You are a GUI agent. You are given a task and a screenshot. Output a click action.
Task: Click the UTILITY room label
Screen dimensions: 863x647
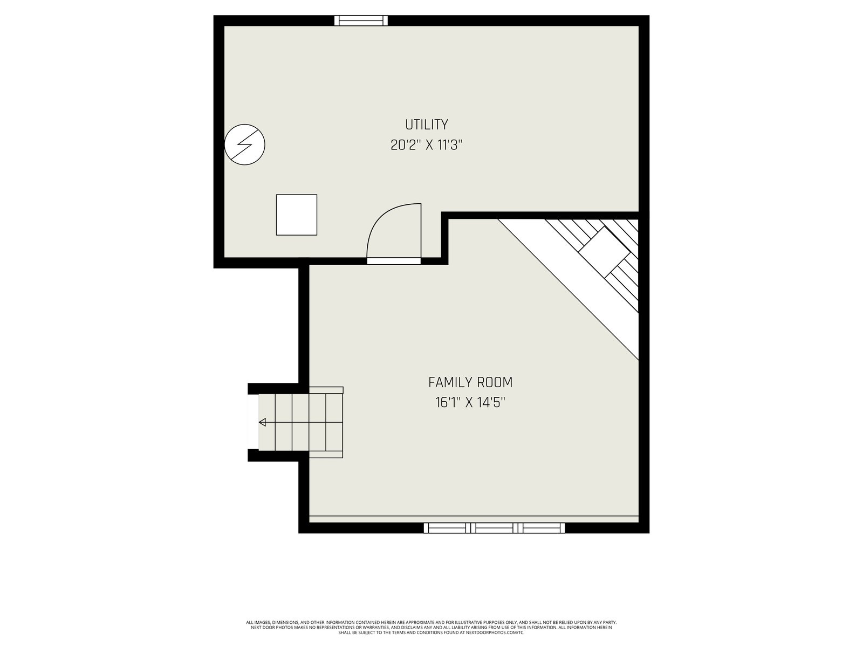click(426, 125)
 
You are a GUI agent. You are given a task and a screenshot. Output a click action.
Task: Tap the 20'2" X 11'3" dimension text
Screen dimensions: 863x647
click(426, 146)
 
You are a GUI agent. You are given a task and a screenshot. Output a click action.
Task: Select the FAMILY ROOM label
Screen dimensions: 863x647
click(470, 382)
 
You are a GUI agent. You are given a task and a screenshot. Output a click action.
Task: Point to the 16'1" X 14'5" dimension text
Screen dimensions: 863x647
click(470, 403)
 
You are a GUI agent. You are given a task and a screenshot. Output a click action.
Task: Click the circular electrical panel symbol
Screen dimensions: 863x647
click(244, 144)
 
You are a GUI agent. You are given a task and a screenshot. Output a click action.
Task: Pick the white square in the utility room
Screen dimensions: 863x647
click(297, 215)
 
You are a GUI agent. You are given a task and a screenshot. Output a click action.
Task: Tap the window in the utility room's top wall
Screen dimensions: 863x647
click(361, 20)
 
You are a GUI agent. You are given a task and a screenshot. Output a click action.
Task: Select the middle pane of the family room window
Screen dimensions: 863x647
click(494, 528)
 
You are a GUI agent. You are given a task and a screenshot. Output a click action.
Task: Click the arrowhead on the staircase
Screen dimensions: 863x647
click(262, 422)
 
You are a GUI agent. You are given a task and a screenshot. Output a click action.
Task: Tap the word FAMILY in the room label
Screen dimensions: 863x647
click(450, 382)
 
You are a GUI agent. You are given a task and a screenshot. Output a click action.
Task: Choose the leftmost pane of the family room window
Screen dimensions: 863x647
click(447, 528)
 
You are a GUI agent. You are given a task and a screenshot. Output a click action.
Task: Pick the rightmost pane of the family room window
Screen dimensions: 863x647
click(542, 528)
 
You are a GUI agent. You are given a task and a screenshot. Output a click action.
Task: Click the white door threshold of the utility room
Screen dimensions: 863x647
click(394, 261)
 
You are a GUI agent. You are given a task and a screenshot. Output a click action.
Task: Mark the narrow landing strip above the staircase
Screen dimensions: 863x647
click(326, 390)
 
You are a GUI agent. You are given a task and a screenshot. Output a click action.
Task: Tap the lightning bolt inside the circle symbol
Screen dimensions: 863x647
click(244, 144)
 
